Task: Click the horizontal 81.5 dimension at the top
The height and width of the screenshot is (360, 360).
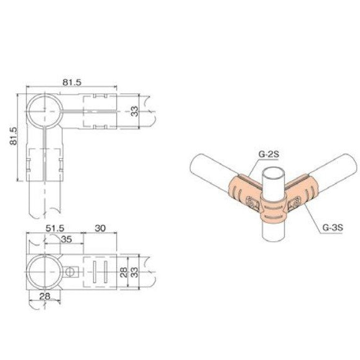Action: pyautogui.click(x=72, y=81)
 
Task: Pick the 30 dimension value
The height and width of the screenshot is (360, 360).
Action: pyautogui.click(x=99, y=229)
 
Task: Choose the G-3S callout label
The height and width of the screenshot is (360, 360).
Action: pyautogui.click(x=332, y=228)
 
